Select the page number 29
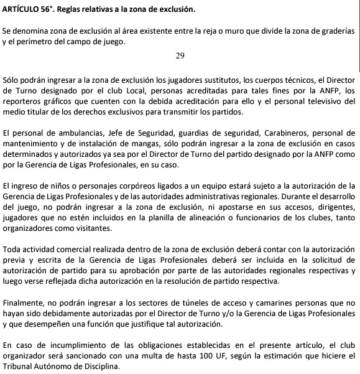[x=180, y=56]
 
